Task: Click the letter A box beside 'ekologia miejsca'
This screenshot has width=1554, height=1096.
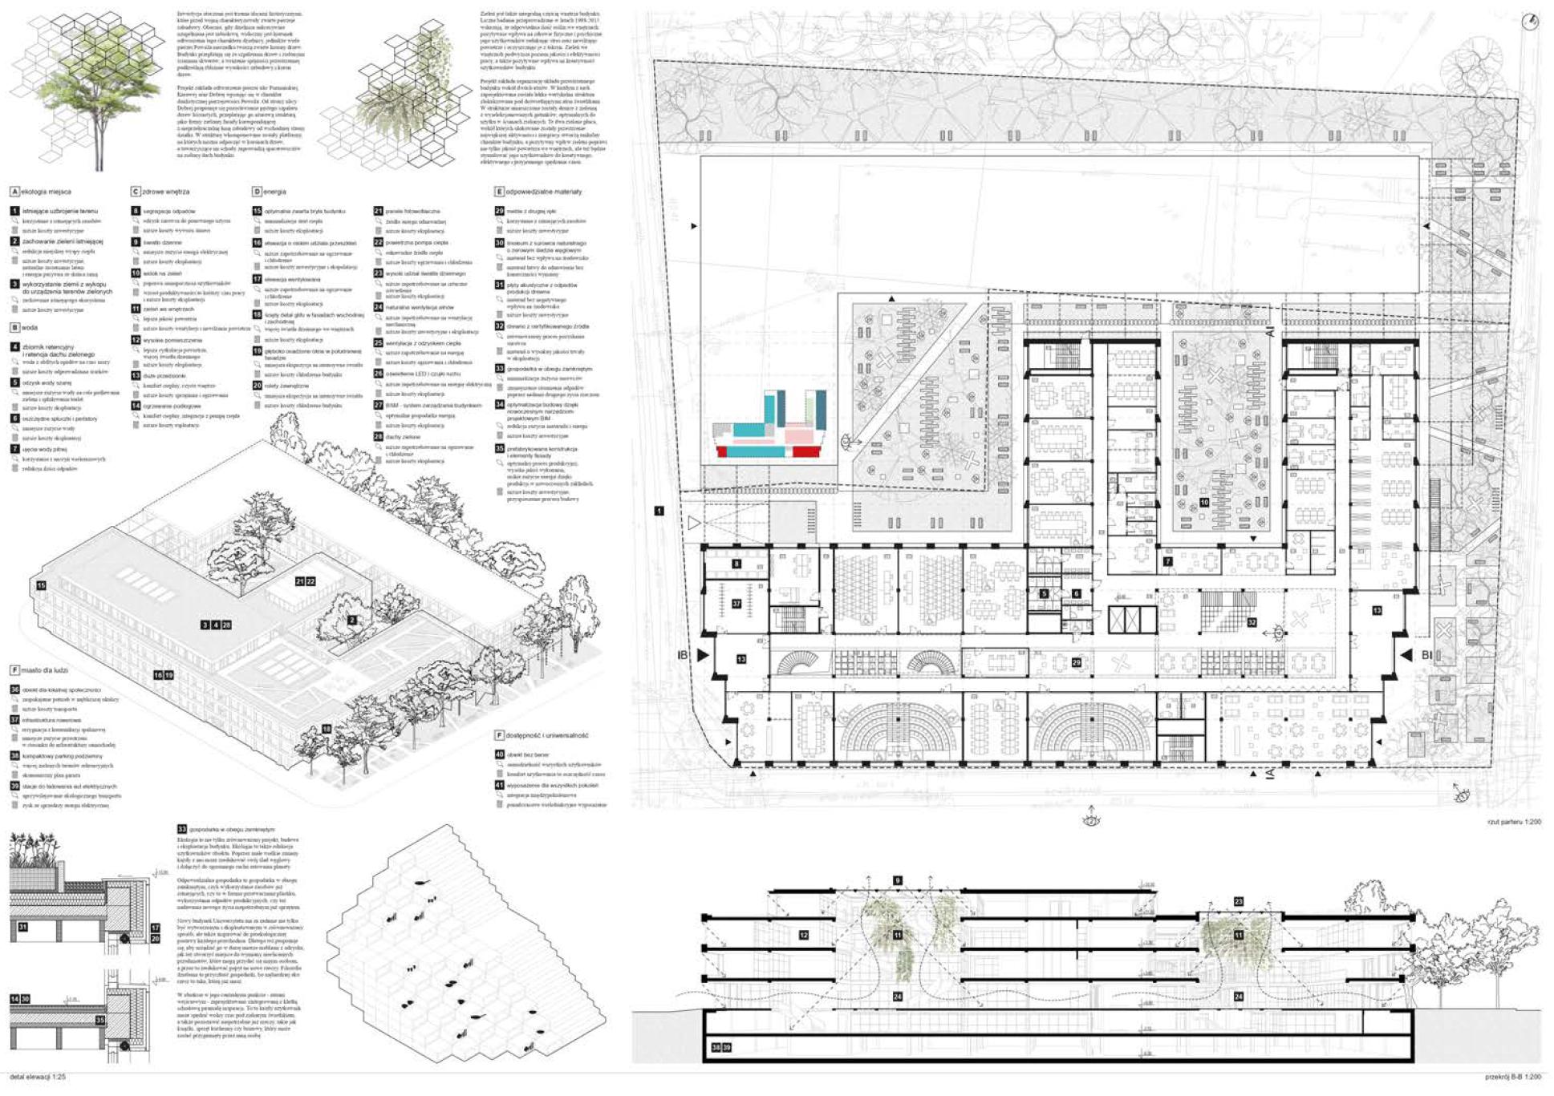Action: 14,192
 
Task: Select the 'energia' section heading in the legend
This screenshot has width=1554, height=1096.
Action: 274,192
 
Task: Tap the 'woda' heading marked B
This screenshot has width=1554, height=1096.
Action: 29,328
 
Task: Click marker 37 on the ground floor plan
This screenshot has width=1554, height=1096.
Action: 736,604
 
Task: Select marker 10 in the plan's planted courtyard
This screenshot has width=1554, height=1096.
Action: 1204,502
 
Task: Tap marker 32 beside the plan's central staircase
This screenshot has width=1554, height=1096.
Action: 1252,621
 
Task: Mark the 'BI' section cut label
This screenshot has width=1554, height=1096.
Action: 1427,655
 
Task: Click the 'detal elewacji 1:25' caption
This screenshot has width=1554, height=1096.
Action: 38,1077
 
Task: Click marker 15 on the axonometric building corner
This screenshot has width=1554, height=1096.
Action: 41,585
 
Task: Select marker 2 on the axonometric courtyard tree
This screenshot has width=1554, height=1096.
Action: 351,621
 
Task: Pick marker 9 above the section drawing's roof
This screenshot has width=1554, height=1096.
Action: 898,881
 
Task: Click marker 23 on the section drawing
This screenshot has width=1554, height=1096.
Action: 1238,902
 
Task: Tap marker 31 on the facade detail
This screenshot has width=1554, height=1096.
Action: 22,928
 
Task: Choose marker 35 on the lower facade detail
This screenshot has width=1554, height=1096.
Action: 99,1021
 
